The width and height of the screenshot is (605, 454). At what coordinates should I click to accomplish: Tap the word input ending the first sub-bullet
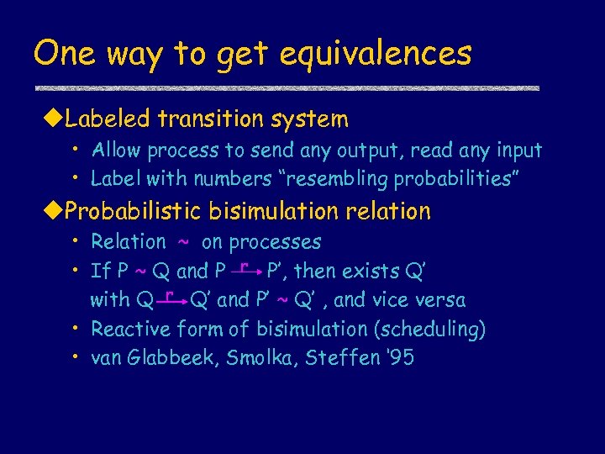point(518,151)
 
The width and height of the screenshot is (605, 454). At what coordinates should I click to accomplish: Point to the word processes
point(275,243)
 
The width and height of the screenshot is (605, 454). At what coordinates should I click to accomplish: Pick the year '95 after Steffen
point(400,358)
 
